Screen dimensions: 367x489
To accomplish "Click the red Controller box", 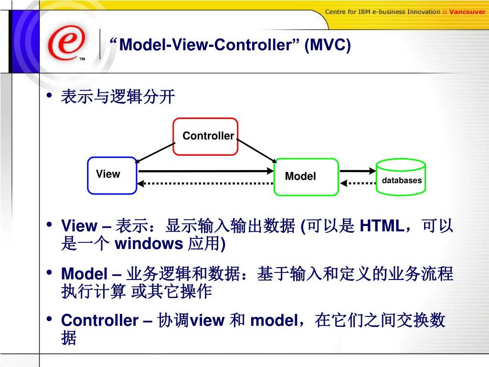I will click(x=205, y=137).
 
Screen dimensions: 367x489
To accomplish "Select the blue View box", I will click(x=112, y=175).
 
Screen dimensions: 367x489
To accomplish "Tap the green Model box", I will click(x=306, y=177).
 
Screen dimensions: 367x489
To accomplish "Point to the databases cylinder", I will click(x=401, y=177).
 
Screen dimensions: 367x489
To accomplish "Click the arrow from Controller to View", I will click(x=154, y=151).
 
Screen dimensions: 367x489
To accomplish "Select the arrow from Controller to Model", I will click(x=256, y=151).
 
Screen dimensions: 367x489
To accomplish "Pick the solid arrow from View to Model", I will click(x=205, y=171).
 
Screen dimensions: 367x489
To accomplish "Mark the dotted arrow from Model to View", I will click(x=205, y=183).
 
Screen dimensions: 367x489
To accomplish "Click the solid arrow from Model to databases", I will click(x=358, y=170).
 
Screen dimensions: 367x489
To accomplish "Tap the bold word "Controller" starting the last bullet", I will click(x=99, y=320).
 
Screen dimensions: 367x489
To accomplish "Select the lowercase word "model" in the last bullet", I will click(x=274, y=320).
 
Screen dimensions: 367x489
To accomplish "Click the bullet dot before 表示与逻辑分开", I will click(x=49, y=97).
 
